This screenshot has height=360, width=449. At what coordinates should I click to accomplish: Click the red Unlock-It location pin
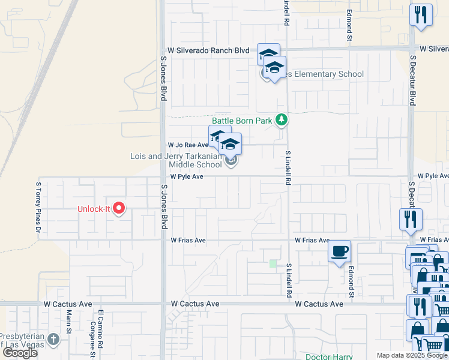coord(119,208)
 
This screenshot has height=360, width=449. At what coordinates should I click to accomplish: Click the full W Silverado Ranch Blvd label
coord(208,51)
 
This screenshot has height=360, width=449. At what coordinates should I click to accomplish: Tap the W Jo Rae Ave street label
coord(188,145)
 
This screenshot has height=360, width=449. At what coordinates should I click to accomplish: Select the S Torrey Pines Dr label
coord(38,208)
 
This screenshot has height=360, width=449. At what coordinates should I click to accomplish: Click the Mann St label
coord(69,327)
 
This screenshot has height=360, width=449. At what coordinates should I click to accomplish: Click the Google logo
coord(20,353)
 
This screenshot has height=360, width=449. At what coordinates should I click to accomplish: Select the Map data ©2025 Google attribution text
coord(411,355)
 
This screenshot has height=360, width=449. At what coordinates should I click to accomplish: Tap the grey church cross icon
coord(53,339)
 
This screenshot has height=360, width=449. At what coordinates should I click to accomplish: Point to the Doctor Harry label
coord(328,356)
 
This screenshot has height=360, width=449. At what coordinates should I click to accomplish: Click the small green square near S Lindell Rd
coord(273,263)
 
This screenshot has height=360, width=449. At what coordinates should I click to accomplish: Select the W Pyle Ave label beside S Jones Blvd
coord(187,177)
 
